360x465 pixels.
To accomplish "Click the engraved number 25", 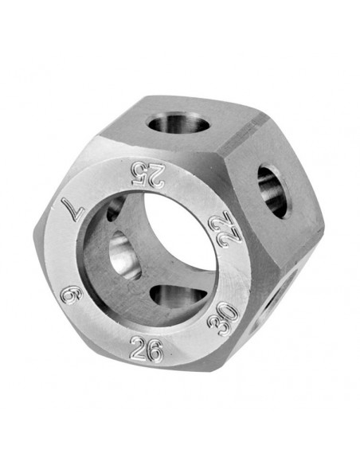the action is point(148,174).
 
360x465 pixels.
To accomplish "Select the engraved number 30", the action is point(224,319).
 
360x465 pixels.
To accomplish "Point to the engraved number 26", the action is point(147,349).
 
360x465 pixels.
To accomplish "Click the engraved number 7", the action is point(74,208).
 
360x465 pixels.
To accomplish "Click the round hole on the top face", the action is point(178,124).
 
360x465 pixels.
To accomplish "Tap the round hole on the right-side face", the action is point(274,192).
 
